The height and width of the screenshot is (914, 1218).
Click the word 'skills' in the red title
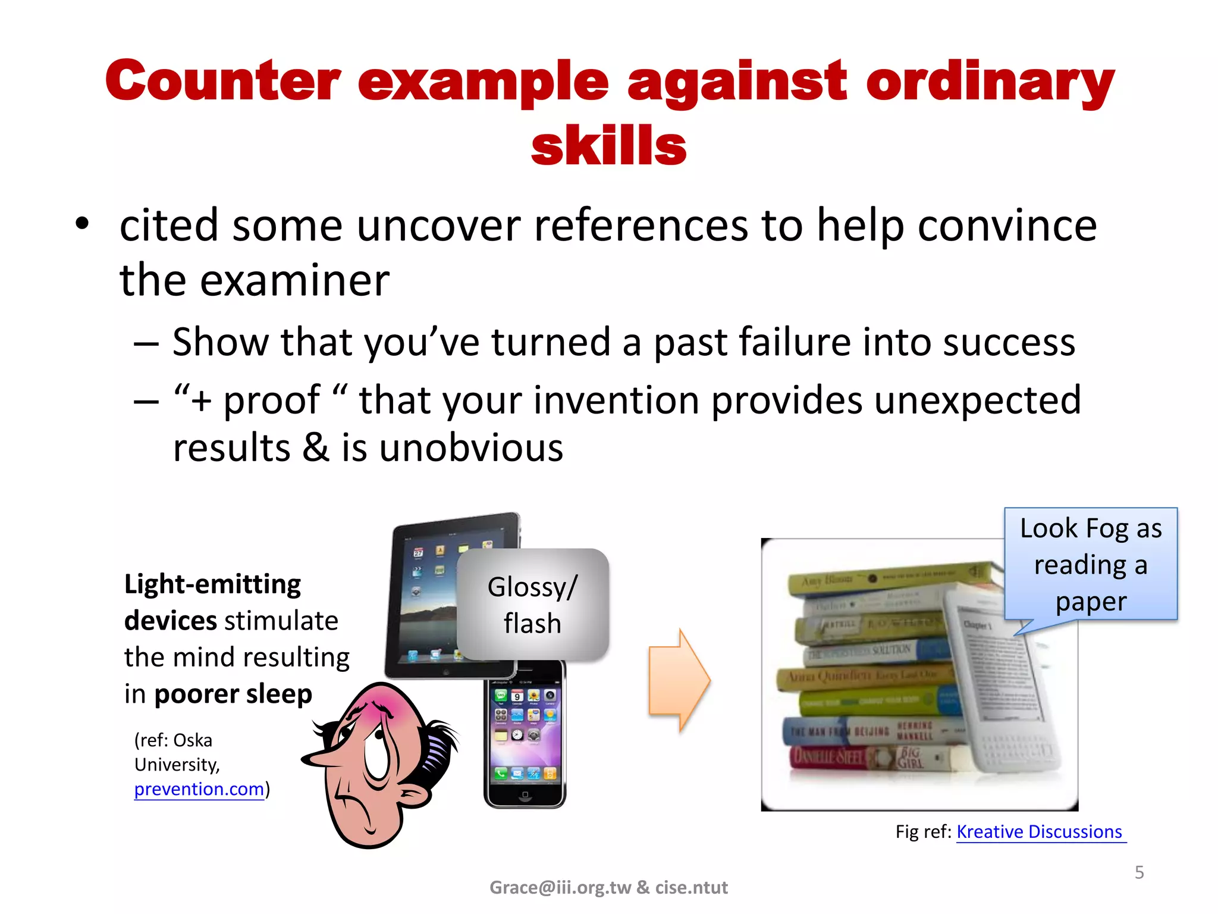pyautogui.click(x=608, y=146)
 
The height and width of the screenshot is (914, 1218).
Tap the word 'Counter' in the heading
pyautogui.click(x=223, y=82)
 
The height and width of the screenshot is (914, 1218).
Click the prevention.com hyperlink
pyautogui.click(x=199, y=789)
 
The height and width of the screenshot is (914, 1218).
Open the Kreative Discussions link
pyautogui.click(x=1039, y=831)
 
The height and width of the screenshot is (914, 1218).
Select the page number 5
pyautogui.click(x=1139, y=872)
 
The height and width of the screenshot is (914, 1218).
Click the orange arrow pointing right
pyautogui.click(x=679, y=680)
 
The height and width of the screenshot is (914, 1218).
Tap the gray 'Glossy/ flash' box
pyautogui.click(x=532, y=605)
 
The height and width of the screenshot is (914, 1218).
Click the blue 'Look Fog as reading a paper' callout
pyautogui.click(x=1091, y=564)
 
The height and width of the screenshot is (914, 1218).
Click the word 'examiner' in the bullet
pyautogui.click(x=294, y=280)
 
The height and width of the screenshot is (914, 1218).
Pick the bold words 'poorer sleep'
pyautogui.click(x=233, y=694)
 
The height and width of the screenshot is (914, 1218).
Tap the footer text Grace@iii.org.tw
pyautogui.click(x=560, y=887)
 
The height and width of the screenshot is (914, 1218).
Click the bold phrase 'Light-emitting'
pyautogui.click(x=212, y=584)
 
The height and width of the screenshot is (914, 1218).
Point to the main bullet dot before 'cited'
pyautogui.click(x=82, y=224)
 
